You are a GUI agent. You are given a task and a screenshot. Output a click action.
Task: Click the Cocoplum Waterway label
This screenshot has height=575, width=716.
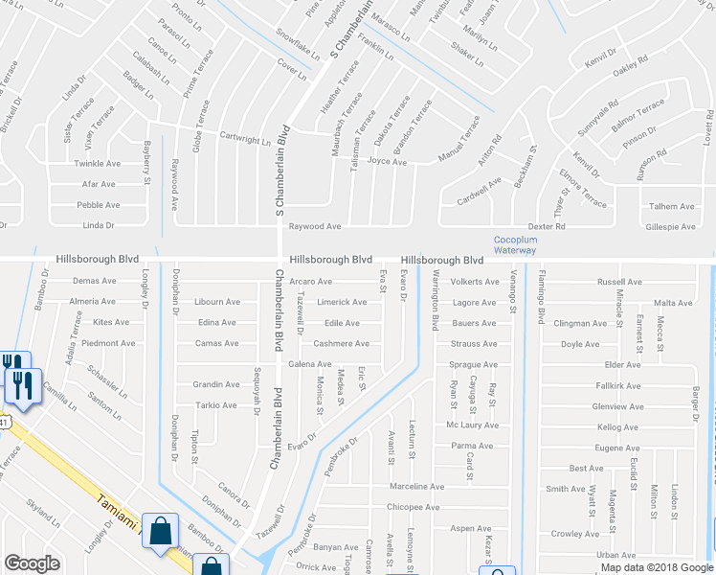coord(515,244)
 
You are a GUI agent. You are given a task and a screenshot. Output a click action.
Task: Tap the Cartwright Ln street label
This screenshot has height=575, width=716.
coord(246,139)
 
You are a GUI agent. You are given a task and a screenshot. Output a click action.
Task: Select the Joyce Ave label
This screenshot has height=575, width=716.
coord(388,162)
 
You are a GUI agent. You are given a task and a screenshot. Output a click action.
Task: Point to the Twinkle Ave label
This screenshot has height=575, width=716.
coord(98,164)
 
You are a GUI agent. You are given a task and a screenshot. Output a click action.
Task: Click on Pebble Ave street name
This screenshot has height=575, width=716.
coord(98,205)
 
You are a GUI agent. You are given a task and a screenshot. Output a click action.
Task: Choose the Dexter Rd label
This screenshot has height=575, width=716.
coord(547,226)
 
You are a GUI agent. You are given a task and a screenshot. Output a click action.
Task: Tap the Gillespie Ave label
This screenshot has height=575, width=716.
coord(671,226)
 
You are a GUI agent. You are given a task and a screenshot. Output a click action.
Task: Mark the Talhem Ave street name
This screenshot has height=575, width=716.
coord(671,206)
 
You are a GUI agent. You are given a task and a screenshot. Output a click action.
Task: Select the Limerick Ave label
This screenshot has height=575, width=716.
coord(342,302)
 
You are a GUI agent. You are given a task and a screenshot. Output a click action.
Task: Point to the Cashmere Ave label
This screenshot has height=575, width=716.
coord(341,343)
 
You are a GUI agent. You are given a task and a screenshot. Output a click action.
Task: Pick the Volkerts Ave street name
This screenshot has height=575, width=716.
coord(475,282)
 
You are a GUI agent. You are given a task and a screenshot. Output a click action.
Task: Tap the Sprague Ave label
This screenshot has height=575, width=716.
coord(474,364)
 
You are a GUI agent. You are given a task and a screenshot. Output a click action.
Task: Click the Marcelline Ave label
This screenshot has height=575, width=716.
coord(413,487)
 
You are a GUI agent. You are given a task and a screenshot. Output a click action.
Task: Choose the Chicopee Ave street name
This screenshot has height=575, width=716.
coord(413,507)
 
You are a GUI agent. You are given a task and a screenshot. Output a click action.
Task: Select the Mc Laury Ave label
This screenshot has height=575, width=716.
coord(473,425)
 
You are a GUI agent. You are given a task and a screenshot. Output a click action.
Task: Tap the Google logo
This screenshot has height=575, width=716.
coord(32,563)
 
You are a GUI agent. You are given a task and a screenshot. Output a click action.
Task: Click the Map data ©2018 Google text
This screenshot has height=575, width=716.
coord(656,567)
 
